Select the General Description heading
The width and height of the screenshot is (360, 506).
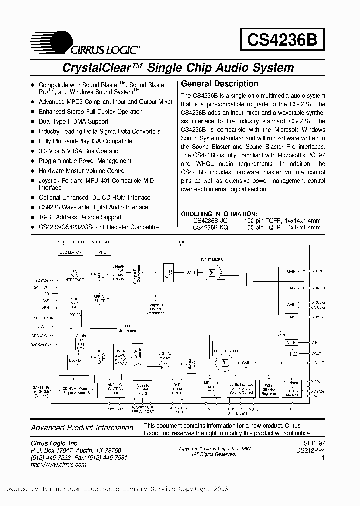pos(219,84)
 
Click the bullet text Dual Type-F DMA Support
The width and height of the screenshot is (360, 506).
pos(73,121)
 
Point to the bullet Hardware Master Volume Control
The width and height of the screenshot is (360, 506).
pos(82,171)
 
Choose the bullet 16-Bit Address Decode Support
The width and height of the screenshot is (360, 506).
pos(80,217)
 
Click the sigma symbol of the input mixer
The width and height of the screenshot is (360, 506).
pos(211,272)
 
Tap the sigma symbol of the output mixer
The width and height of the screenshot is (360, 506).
pos(225,363)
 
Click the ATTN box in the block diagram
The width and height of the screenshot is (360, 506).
pos(291,343)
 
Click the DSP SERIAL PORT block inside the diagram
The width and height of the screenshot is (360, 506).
pos(177,389)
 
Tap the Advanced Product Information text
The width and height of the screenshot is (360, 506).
pos(82,428)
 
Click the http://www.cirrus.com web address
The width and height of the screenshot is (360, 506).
pos(58,464)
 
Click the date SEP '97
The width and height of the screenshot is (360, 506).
pos(314,442)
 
